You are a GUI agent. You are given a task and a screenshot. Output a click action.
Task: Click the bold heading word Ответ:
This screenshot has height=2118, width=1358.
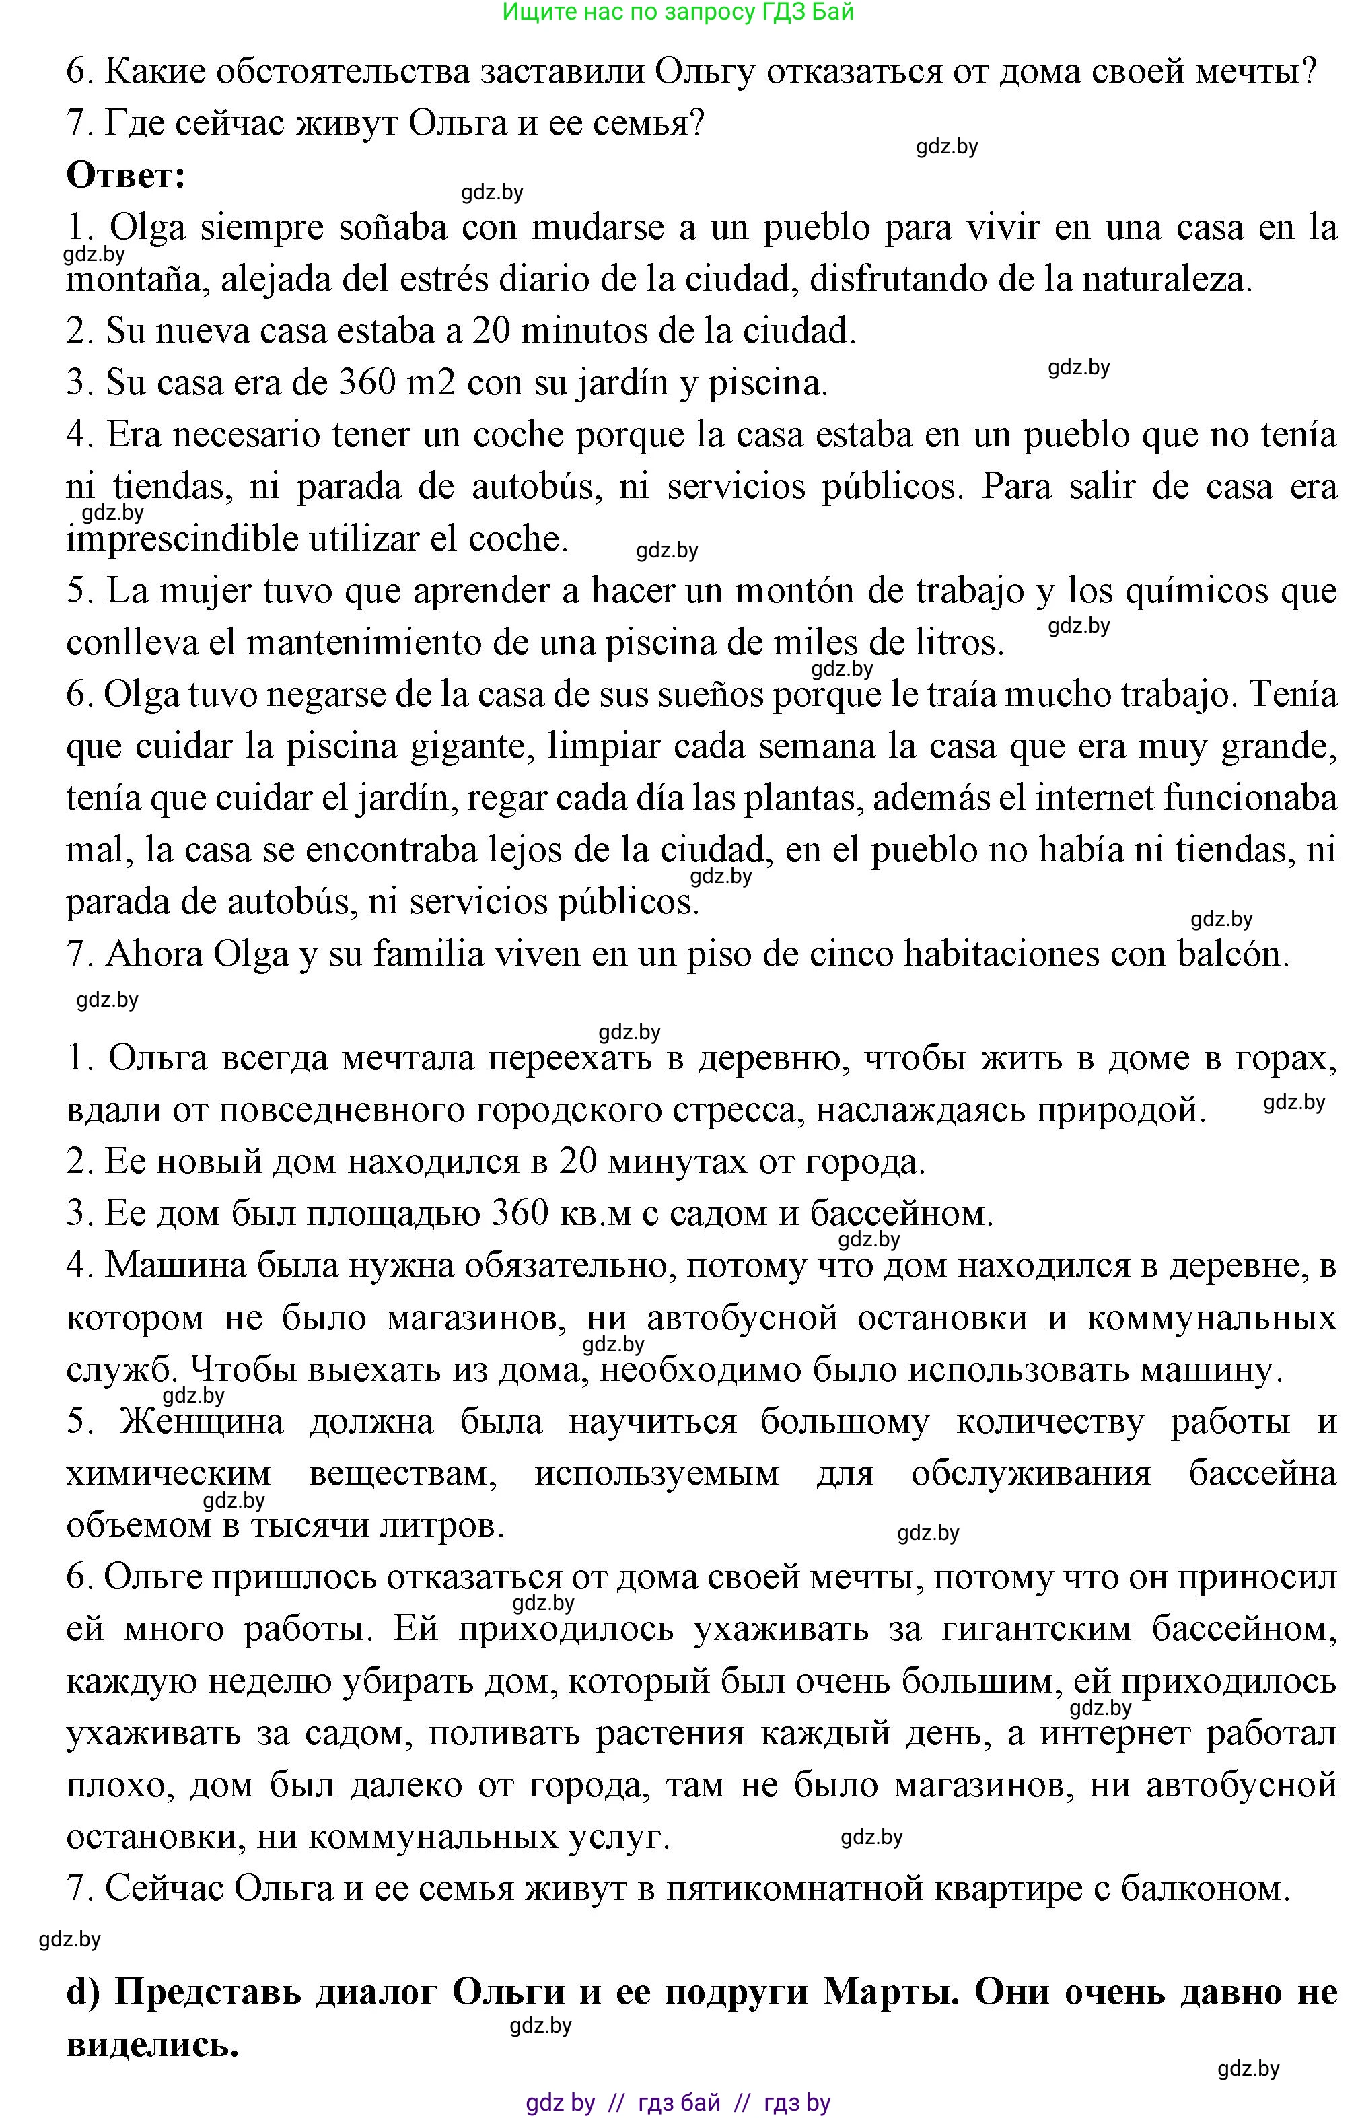point(126,176)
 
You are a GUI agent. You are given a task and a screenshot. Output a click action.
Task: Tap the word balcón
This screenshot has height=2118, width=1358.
point(1232,954)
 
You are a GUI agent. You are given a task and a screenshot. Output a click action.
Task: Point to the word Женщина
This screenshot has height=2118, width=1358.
point(202,1421)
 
